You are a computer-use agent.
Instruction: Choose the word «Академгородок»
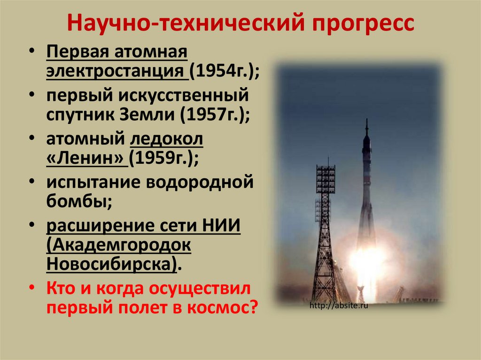point(119,245)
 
